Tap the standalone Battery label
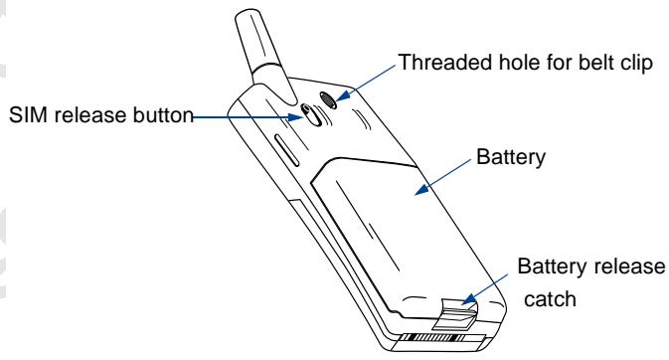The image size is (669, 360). point(509,160)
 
